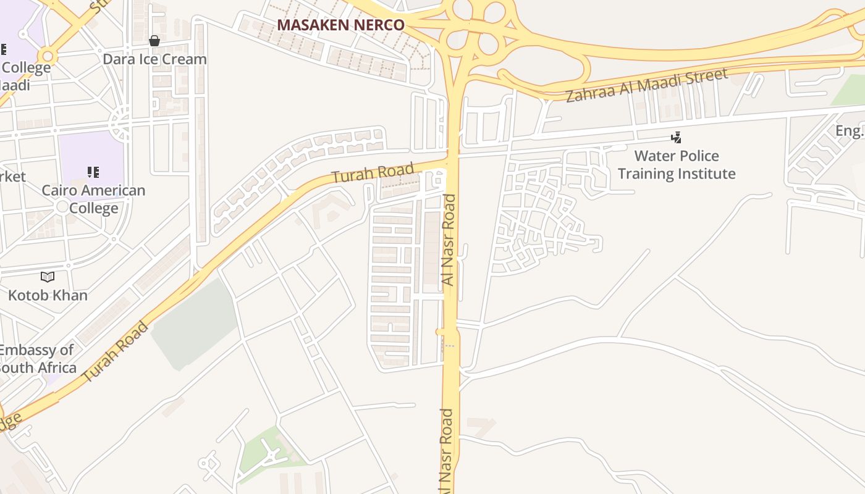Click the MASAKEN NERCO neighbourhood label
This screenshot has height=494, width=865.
[x=340, y=25]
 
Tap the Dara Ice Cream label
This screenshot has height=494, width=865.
[x=154, y=59]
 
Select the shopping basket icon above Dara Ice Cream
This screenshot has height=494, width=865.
[x=154, y=41]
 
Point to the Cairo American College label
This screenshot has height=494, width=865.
[x=93, y=199]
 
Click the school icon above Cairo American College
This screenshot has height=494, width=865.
[x=93, y=172]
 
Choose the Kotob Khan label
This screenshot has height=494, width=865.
[x=48, y=295]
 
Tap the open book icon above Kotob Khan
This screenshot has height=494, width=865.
[x=48, y=277]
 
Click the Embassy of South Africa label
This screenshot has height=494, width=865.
[x=37, y=359]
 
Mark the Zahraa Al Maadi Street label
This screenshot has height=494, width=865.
[x=646, y=85]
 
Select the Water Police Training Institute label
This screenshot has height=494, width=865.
[x=677, y=164]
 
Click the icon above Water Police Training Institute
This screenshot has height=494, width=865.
[x=677, y=137]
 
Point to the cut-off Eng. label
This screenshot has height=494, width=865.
[x=850, y=131]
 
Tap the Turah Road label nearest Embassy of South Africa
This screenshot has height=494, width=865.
[x=116, y=351]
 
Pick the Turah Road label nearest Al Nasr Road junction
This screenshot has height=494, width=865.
[x=373, y=173]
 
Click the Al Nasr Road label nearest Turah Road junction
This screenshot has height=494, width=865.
[x=449, y=240]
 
